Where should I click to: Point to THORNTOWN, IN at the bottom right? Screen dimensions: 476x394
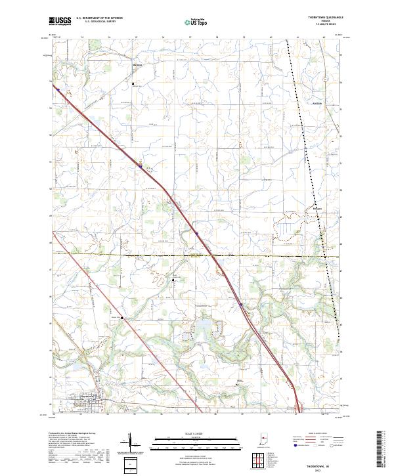315,464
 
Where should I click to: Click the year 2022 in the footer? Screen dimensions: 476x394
315,469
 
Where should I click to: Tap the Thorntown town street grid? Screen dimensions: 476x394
88,401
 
